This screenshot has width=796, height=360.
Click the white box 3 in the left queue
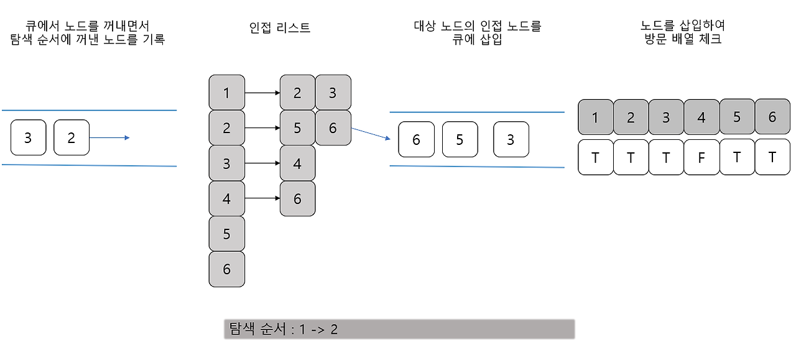(x=28, y=137)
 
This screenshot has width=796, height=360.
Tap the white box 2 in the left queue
(x=71, y=137)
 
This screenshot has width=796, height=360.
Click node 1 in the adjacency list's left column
(x=226, y=93)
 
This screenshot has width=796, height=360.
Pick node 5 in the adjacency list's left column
(x=226, y=234)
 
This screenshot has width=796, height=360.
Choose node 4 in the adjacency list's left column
(x=226, y=198)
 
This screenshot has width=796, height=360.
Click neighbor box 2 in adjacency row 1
(x=297, y=93)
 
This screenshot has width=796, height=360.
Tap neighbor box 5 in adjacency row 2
(x=297, y=128)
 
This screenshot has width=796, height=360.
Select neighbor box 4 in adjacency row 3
(x=297, y=163)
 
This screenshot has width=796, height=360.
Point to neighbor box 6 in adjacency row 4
(x=297, y=198)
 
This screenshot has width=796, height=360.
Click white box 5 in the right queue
(x=460, y=139)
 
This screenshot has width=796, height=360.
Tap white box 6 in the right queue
(x=416, y=139)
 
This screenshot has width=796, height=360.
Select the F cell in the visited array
(x=701, y=157)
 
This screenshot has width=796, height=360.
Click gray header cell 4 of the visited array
(x=701, y=117)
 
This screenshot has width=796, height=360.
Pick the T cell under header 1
(x=595, y=157)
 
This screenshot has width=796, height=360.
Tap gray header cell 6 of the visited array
(x=772, y=117)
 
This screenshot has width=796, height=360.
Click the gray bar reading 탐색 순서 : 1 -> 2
(x=399, y=329)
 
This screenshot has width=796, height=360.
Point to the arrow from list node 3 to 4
(x=262, y=163)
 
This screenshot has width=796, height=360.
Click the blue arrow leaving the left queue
(x=109, y=137)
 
